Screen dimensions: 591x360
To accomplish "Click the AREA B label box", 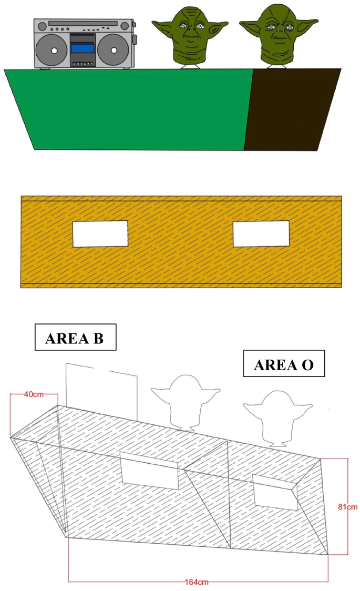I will tap(75, 337).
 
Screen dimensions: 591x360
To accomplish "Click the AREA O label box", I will tap(284, 364).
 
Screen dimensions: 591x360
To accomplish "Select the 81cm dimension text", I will tap(348, 507).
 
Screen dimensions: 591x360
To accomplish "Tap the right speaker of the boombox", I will tap(113, 51).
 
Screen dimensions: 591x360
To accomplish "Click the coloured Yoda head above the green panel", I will tap(190, 36).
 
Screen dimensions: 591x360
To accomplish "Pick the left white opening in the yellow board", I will tap(100, 233).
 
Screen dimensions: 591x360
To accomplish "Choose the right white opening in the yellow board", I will tap(261, 233).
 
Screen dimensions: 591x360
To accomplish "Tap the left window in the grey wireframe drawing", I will tap(150, 470).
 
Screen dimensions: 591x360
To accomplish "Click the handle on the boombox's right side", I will tap(135, 39).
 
